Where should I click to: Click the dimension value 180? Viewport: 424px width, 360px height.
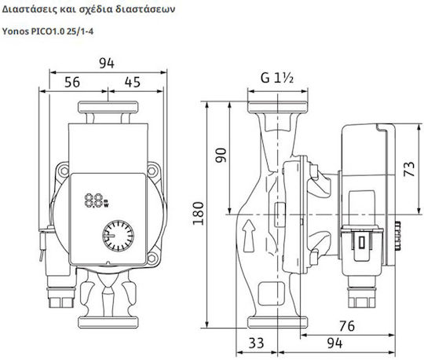coord(198,213)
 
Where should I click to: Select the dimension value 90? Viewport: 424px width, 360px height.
coord(221,155)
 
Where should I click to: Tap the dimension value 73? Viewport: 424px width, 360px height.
coord(409,169)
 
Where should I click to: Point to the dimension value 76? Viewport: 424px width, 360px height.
coord(347,326)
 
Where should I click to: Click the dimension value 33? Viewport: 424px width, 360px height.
coord(256,343)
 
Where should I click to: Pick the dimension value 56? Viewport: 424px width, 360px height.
coord(72,82)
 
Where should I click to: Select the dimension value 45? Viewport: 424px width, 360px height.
coord(133,82)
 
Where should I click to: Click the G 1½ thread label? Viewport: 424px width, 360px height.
coord(277,78)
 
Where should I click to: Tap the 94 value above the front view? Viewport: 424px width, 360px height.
coord(107,64)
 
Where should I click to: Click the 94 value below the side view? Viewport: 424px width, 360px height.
coord(334,343)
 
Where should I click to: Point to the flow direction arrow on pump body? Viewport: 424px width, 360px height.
coord(250,236)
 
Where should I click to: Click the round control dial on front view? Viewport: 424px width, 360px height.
coord(118,236)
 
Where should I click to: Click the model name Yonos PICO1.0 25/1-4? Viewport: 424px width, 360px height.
coord(48,31)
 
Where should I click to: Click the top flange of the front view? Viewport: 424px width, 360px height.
coord(108,107)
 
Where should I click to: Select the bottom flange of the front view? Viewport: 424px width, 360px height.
coord(108,322)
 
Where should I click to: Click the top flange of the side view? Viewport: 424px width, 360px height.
coord(278,107)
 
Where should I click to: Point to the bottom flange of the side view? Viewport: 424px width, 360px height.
coord(278,322)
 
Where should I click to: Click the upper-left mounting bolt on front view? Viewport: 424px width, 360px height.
coord(64,171)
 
